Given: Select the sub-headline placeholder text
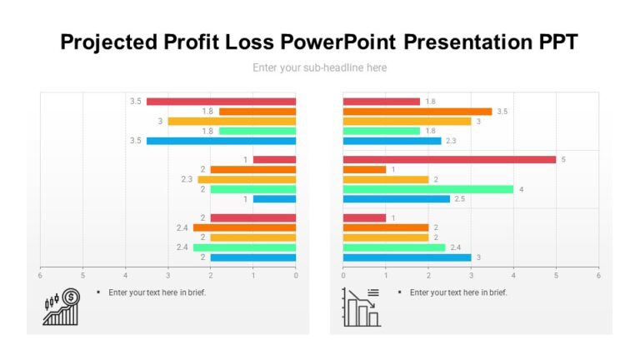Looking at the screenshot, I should pos(320,67).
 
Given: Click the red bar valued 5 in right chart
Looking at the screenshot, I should pos(449,159).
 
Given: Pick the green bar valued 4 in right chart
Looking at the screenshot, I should pos(428,189).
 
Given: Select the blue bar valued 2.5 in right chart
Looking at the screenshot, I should pos(396,199).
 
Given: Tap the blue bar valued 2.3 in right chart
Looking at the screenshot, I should pos(392,141).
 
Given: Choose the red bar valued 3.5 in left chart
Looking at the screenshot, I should pos(221,102).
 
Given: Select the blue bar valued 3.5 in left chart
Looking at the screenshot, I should pos(221,141).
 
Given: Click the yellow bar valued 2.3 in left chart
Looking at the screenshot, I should pos(247,179).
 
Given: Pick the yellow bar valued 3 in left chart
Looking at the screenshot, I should pos(232,121).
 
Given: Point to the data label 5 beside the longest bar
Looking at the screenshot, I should pos(563,159).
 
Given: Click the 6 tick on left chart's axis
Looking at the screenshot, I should pos(40,274).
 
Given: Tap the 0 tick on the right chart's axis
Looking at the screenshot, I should pos(343,274).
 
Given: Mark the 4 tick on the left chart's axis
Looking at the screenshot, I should pos(126,274).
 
